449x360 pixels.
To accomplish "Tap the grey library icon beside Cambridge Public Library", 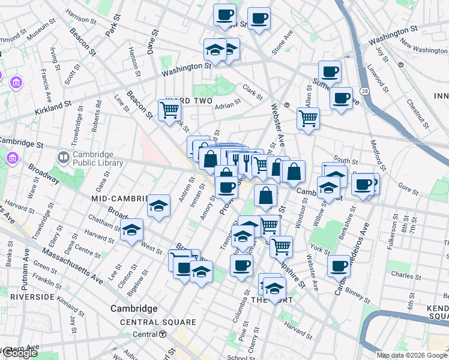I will [64, 158].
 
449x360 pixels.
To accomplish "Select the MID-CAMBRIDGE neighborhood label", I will [119, 198].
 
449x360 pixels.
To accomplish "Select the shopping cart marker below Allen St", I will [308, 118].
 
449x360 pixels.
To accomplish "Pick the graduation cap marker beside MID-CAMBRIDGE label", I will [158, 207].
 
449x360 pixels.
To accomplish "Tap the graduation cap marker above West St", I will [132, 230].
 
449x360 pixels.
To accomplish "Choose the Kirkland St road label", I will [53, 109].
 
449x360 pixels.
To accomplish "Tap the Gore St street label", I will [408, 190].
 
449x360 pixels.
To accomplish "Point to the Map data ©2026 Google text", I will [411, 355].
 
